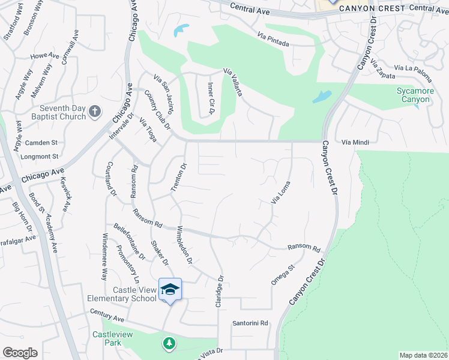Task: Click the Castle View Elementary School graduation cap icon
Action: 170,289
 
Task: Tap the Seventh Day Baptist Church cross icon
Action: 95,111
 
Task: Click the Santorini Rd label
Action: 250,323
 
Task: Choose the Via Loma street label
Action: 281,193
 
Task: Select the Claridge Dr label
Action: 220,292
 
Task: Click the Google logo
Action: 20,353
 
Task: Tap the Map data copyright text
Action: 423,355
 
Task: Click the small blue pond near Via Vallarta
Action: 181,30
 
